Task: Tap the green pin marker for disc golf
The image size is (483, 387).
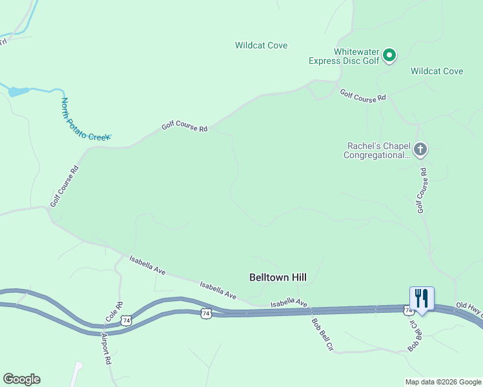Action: pyautogui.click(x=389, y=55)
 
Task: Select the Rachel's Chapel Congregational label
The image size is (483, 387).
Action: pyautogui.click(x=377, y=150)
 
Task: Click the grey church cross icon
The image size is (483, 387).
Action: pyautogui.click(x=420, y=150)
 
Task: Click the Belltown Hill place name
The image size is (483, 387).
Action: pyautogui.click(x=278, y=277)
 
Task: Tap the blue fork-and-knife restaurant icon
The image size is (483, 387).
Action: pyautogui.click(x=422, y=299)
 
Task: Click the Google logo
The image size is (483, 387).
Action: pyautogui.click(x=21, y=379)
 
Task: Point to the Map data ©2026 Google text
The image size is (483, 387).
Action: pyautogui.click(x=443, y=382)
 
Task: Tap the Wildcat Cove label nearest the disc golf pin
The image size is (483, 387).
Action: pyautogui.click(x=437, y=71)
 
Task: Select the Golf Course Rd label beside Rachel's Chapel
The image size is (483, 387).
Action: pyautogui.click(x=422, y=190)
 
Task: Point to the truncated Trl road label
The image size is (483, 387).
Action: pyautogui.click(x=3, y=41)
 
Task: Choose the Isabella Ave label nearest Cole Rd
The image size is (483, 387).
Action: pyautogui.click(x=147, y=265)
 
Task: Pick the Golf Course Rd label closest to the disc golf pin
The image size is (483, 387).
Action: pyautogui.click(x=363, y=95)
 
